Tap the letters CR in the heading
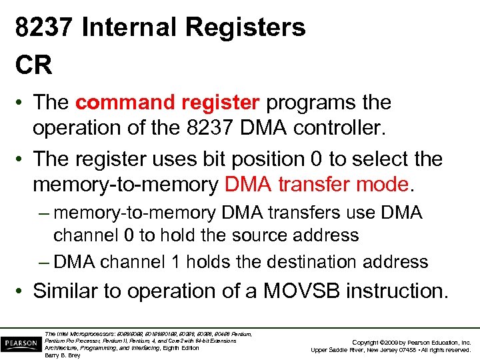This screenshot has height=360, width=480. [34, 65]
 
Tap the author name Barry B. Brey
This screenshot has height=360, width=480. [62, 355]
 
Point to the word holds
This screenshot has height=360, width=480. [217, 262]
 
